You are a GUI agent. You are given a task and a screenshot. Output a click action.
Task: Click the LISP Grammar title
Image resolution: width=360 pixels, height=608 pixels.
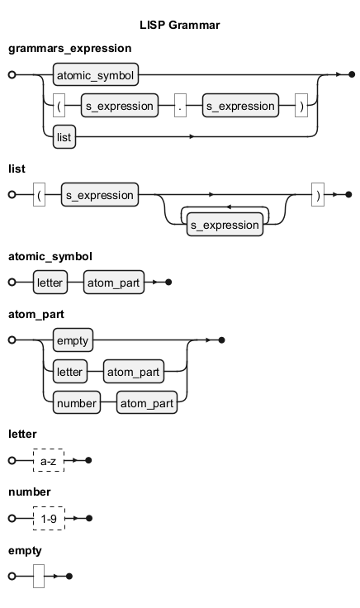pos(180,26)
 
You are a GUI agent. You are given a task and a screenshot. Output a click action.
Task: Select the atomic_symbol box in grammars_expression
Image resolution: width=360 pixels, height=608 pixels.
pos(96,74)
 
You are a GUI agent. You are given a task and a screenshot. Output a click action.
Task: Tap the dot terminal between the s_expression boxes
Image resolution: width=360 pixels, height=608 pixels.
pos(180,106)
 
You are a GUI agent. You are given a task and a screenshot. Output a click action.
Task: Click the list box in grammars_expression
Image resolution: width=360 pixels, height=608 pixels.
pos(64,137)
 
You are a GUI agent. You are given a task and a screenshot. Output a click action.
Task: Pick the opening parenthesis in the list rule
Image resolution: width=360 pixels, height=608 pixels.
pos(39,195)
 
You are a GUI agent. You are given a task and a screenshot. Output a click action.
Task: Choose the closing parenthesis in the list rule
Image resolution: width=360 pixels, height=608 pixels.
pos(318,195)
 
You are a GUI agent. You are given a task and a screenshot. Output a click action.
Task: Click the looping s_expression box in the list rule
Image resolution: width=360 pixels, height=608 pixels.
pos(225,225)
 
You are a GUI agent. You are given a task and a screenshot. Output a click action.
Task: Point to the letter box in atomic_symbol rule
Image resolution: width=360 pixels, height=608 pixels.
pos(50,283)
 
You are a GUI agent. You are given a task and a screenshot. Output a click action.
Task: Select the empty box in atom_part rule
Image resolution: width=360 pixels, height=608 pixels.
pos(73,340)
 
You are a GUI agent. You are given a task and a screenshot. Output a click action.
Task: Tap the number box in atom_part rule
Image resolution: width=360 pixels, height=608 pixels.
pos(77,402)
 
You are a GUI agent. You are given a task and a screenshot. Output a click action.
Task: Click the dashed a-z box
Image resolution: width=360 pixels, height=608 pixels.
pos(49,461)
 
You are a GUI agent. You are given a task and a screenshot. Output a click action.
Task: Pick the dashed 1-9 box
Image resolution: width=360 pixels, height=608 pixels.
pos(50,519)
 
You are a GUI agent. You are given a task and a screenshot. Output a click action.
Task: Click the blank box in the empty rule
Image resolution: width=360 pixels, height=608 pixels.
pos(39,577)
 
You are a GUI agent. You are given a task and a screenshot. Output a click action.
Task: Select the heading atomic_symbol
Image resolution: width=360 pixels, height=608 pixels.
pos(50,257)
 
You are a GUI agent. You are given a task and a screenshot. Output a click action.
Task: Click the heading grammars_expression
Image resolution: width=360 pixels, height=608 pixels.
pos(69,49)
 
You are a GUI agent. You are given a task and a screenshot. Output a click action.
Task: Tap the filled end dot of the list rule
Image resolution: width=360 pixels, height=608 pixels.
pos(348,195)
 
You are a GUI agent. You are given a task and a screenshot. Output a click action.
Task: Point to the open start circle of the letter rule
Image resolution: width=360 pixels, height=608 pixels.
pos(12,461)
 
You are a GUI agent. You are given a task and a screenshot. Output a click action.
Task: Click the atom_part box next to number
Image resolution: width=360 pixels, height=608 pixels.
pos(147,402)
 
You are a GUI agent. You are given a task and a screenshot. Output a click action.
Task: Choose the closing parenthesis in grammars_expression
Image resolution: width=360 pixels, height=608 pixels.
pos(301,106)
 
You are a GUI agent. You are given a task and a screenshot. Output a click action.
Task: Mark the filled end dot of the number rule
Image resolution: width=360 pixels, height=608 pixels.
pos(88,519)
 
